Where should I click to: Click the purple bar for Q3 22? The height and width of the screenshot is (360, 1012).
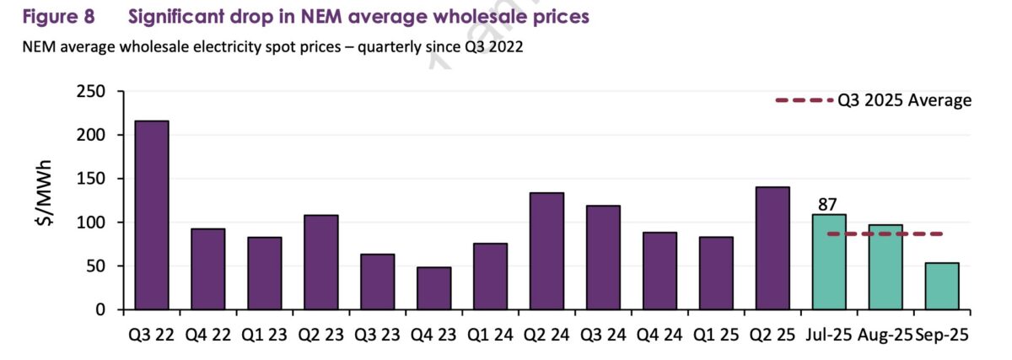[x=151, y=215]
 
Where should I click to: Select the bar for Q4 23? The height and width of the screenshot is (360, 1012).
[x=433, y=288]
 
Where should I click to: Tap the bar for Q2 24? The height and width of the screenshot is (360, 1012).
[x=546, y=251]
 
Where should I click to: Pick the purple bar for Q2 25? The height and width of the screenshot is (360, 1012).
[x=772, y=248]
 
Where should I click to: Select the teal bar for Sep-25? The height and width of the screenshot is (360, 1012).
[x=942, y=287]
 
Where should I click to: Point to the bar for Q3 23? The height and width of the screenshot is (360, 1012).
[x=377, y=282]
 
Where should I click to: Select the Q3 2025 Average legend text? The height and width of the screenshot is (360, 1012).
[x=904, y=100]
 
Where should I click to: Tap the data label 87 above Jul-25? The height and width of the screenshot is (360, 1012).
[x=828, y=203]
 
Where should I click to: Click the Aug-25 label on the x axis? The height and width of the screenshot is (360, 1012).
[x=885, y=335]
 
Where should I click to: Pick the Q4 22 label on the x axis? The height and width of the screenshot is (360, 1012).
[x=207, y=335]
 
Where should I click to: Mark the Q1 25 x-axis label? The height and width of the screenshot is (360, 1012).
[x=716, y=335]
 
